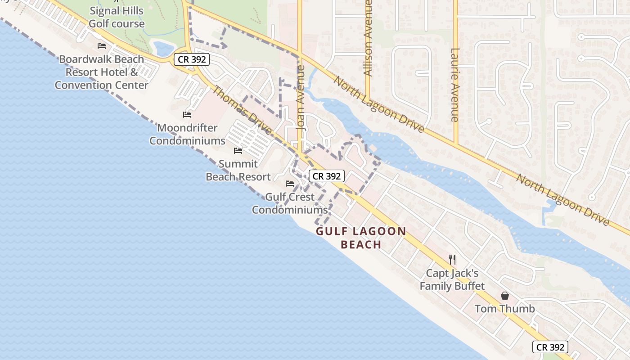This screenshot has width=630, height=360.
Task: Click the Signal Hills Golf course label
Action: click(x=117, y=17)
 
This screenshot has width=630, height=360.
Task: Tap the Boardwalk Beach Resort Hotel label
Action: click(x=102, y=72)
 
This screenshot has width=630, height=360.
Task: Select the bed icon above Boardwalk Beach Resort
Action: click(x=102, y=46)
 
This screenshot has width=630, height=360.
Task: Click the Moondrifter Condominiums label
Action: click(x=187, y=134)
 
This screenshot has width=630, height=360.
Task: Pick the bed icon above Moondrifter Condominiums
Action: click(x=187, y=115)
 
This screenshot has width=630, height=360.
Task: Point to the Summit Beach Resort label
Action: click(x=238, y=170)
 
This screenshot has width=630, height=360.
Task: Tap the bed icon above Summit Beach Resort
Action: click(x=238, y=151)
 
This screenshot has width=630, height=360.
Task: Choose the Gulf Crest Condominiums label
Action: click(x=290, y=203)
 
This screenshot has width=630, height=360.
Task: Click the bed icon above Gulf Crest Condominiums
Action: click(x=290, y=184)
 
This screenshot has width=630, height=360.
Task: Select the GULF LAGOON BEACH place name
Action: click(x=361, y=238)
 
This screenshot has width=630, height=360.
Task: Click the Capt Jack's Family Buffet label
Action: click(x=452, y=279)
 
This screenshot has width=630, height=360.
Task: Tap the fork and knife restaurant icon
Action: click(x=452, y=259)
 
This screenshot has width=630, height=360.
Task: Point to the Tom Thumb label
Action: click(x=505, y=309)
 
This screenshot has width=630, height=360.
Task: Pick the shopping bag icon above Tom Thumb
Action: click(x=505, y=296)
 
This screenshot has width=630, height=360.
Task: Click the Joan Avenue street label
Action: click(x=301, y=98)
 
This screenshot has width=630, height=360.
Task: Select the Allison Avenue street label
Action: click(x=368, y=38)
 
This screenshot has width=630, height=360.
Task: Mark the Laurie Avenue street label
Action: click(x=454, y=85)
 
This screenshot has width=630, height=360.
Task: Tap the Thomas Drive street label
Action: click(x=242, y=110)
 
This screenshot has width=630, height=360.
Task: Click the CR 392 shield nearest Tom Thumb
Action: click(x=550, y=347)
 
